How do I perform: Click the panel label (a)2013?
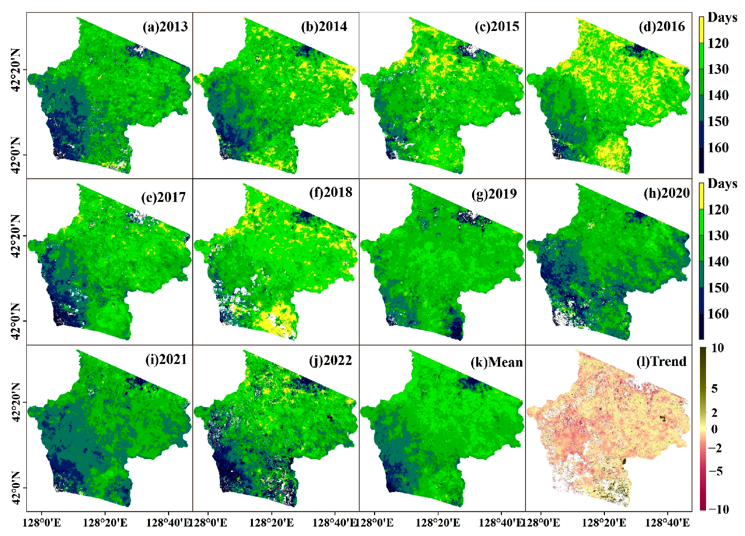[165, 27]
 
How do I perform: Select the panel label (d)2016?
[662, 27]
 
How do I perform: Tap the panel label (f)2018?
[330, 192]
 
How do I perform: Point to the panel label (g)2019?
[494, 194]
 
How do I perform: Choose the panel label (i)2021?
[166, 359]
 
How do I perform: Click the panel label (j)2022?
[330, 360]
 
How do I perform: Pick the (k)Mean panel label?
[497, 362]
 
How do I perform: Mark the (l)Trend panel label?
[661, 361]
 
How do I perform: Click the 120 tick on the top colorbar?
[718, 43]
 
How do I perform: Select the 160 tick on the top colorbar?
[718, 147]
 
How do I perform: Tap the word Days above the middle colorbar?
[722, 184]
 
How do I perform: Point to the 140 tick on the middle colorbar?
[718, 261]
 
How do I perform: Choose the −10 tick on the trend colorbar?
[718, 509]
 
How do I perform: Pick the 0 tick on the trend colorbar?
[714, 429]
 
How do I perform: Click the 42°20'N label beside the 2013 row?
[15, 70]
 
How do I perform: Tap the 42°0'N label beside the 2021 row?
[15, 488]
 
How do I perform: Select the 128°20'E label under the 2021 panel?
[105, 523]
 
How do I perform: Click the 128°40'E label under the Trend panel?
[667, 523]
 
